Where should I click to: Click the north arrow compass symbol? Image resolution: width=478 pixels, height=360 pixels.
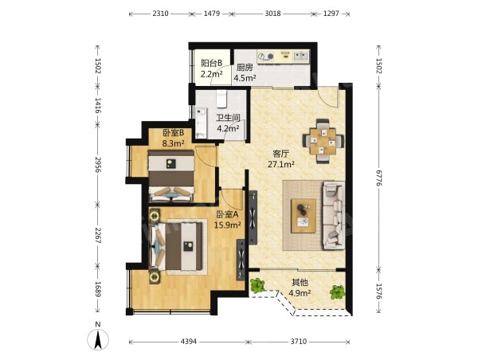click(x=97, y=339)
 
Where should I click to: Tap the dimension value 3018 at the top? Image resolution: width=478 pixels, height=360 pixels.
click(x=272, y=14)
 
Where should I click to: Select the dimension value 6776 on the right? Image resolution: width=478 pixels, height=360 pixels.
click(x=379, y=178)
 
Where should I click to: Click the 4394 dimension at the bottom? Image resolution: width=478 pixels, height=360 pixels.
click(x=189, y=342)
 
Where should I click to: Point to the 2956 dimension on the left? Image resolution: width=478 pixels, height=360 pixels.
click(x=97, y=164)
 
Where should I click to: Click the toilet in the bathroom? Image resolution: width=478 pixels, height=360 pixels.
click(x=221, y=98)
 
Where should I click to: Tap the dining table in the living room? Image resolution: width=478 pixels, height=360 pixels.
click(x=323, y=141)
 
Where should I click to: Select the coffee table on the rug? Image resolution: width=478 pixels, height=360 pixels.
click(x=304, y=216)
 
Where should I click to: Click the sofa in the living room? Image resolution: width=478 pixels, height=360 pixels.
click(x=334, y=216)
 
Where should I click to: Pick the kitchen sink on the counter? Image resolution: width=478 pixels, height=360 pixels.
click(x=301, y=56)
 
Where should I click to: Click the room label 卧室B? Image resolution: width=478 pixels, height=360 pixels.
click(x=173, y=133)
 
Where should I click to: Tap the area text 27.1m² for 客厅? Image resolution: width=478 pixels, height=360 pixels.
click(x=280, y=164)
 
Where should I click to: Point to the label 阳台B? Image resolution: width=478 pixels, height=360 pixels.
click(x=211, y=63)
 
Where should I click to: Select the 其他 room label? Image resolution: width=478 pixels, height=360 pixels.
click(x=300, y=283)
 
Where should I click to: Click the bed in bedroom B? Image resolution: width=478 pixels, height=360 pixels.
click(x=171, y=176)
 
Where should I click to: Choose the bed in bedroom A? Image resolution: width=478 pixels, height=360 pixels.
click(x=177, y=246)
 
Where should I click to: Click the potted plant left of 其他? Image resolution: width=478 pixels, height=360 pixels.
click(x=257, y=285)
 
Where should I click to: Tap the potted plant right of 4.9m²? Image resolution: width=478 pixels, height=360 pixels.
click(x=337, y=292)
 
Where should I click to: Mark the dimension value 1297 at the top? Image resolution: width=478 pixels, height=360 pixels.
click(x=331, y=14)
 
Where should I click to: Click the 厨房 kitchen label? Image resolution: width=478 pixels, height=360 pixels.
click(x=245, y=68)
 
